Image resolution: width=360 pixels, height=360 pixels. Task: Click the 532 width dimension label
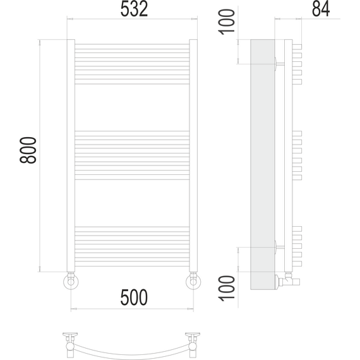[x=135, y=9]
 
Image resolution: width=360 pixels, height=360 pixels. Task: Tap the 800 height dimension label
[x=28, y=150]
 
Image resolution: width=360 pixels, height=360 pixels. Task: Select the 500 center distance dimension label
[x=134, y=297]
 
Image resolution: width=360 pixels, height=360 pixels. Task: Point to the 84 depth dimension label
[x=321, y=9]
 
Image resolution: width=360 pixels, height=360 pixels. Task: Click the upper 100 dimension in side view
[x=227, y=22]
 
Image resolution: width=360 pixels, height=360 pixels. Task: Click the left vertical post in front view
[x=71, y=156]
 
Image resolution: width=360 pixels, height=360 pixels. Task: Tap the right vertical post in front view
[x=193, y=156]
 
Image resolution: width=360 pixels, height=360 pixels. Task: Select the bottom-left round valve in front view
[x=71, y=281]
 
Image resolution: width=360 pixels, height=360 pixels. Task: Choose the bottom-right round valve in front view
[x=193, y=281]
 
